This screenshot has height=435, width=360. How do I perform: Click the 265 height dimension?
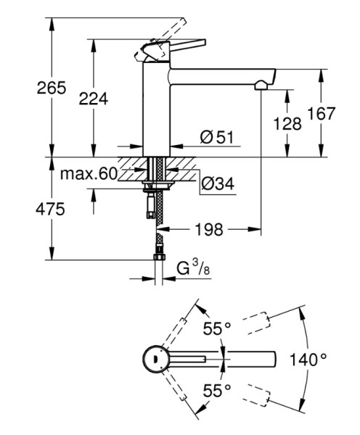click(52, 88)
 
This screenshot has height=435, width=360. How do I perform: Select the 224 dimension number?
click(94, 99)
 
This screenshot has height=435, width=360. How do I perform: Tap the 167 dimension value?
click(322, 114)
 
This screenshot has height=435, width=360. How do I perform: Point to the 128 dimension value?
click(287, 123)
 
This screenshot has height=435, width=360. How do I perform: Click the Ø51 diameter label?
click(217, 137)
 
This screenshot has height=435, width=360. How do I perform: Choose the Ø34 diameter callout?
click(218, 183)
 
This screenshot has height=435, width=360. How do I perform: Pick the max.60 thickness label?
click(89, 174)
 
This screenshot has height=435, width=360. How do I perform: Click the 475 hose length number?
click(50, 209)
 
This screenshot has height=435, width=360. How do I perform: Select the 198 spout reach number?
click(209, 229)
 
